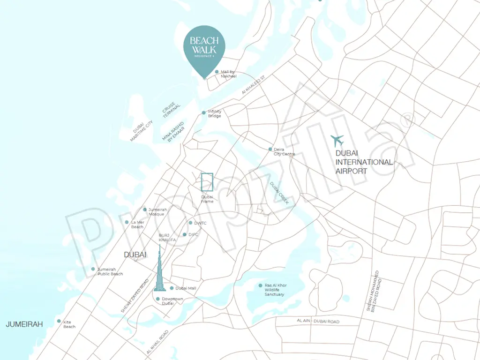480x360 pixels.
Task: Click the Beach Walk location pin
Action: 204,49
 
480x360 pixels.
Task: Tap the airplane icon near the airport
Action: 337,140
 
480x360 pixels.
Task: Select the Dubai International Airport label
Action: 364,162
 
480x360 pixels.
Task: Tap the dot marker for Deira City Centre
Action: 270,150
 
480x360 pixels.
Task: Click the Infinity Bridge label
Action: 215,114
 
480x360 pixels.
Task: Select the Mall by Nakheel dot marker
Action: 217,72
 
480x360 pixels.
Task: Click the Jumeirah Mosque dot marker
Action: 145,210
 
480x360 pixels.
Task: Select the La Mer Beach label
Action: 137,225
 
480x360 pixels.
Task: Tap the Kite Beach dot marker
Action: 59,321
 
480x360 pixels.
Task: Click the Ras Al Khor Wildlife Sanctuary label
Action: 275,290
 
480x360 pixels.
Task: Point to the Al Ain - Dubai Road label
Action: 318,322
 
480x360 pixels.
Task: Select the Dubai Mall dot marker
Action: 172,288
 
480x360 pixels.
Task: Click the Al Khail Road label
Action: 157,342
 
